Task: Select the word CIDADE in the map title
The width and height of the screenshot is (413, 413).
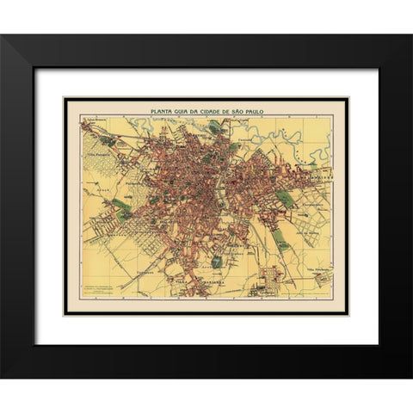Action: [x=217, y=111]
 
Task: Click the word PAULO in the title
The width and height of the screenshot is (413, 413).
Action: [x=262, y=111]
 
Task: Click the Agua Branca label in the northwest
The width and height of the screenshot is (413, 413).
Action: [x=93, y=120]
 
